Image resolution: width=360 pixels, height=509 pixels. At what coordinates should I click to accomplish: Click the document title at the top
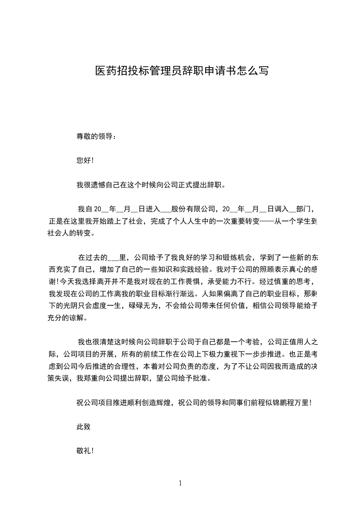point(182,71)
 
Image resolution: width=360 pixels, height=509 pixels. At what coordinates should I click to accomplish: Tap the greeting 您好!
point(85,160)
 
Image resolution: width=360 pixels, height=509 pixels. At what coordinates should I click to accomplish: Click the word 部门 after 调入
point(303,209)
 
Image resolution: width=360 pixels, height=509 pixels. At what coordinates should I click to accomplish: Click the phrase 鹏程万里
point(293,403)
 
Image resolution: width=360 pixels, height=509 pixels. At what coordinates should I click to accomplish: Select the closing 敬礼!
point(85,451)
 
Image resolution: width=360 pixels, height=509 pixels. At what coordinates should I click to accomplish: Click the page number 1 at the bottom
point(180,484)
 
